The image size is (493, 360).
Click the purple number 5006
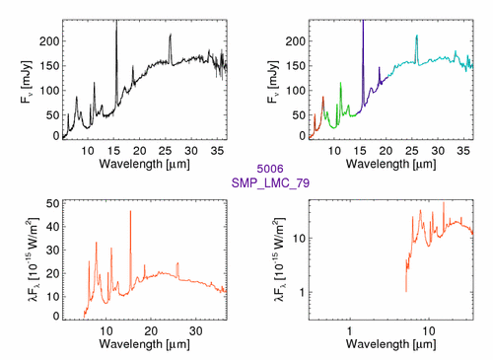270,169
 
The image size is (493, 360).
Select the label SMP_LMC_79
270,182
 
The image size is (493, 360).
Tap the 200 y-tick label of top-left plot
49,41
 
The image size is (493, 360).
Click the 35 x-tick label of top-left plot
217,151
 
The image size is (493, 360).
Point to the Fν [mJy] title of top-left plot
26,82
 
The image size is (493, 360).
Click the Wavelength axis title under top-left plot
145,164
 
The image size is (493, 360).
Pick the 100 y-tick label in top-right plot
296,91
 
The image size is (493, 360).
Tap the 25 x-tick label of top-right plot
412,151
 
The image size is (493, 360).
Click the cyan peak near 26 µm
417,36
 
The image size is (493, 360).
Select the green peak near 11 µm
340,83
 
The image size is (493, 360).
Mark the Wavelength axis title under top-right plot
391,164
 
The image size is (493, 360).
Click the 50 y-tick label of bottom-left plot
53,203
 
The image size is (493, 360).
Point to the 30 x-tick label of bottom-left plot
196,331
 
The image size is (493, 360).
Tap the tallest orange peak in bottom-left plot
130,211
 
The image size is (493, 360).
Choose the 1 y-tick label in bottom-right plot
302,292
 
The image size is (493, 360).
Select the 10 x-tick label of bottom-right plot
429,331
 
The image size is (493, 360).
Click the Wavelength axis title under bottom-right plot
391,344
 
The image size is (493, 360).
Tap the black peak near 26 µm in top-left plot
171,35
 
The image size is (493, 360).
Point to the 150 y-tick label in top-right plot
296,66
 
